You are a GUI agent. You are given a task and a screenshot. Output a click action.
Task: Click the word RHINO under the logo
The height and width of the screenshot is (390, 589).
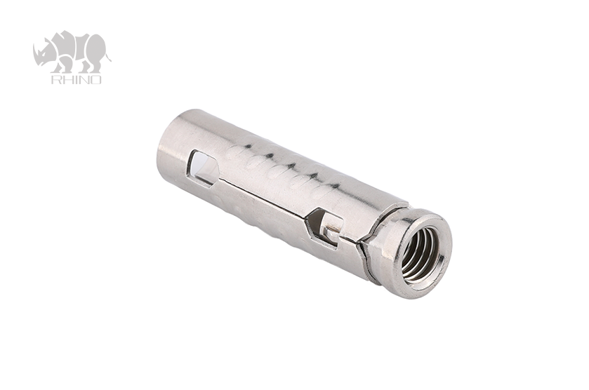(x=76, y=80)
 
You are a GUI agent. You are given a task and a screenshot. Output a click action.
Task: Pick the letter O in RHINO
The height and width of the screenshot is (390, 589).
(x=96, y=80)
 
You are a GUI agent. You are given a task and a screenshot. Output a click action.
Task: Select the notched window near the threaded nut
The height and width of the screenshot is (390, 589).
(x=324, y=226)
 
